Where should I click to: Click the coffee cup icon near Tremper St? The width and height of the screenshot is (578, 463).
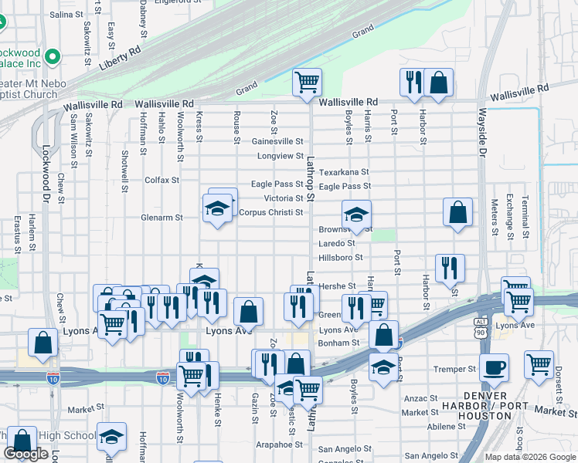point(495,367)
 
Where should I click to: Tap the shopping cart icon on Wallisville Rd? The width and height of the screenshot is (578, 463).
point(308,82)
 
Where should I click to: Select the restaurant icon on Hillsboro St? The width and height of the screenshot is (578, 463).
point(450,268)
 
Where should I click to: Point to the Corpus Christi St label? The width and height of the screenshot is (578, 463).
point(270,212)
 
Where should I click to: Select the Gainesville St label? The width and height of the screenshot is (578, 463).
point(277,142)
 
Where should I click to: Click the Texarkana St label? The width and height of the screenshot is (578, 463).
point(344,172)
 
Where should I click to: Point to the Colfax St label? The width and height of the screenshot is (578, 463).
point(161,180)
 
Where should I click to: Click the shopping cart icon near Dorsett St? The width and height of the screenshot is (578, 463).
point(539,363)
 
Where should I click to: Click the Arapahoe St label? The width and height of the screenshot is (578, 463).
point(280,444)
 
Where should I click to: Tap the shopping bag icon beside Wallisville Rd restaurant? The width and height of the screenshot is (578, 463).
point(438,82)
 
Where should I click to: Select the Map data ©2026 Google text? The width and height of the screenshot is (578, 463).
point(529,457)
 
